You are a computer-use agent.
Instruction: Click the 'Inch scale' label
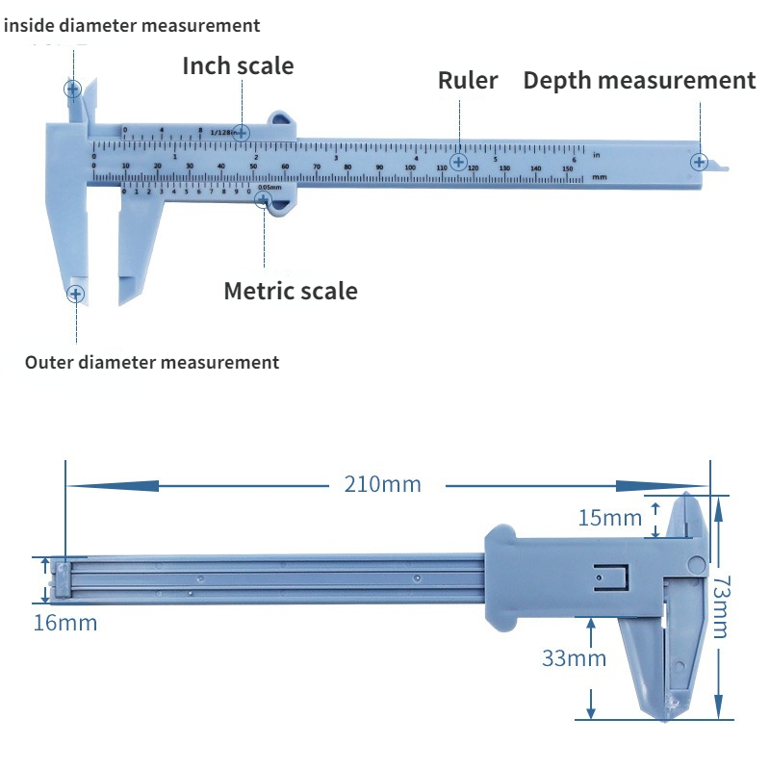coord(238,65)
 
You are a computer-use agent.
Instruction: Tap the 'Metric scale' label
coord(290,291)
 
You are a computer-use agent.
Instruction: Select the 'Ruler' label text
coord(468,80)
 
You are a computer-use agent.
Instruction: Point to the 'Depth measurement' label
coord(639,80)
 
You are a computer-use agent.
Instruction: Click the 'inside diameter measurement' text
coord(131,25)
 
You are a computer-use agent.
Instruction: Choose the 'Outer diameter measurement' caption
coord(152,363)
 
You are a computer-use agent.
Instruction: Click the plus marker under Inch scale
coord(242,131)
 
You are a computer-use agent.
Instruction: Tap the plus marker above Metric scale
coord(263,198)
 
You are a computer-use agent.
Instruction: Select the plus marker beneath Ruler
coord(459,162)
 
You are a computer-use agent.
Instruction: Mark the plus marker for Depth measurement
coord(700,162)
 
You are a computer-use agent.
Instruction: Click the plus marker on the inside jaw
coord(72,90)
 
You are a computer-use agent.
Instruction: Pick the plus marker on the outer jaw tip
coord(75,293)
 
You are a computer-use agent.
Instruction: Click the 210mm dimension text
coord(383,484)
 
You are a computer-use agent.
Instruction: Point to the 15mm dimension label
coord(609,518)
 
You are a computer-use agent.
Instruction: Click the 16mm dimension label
coord(65,623)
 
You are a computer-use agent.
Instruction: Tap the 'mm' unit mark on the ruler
coord(599,177)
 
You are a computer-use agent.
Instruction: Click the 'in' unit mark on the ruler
coord(597,154)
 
